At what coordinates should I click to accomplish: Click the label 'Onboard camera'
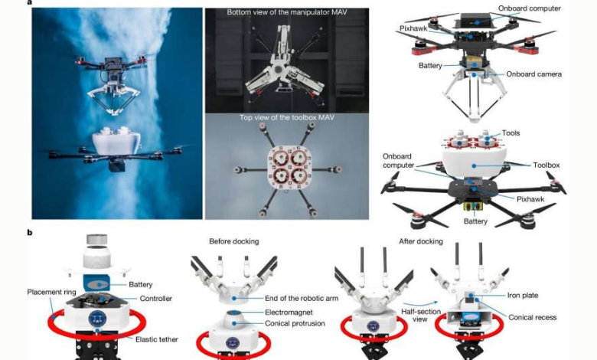point(533,74)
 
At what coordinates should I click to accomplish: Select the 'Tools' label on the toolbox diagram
point(511,133)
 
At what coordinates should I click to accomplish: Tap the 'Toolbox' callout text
point(546,165)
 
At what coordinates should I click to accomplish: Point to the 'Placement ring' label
point(52,292)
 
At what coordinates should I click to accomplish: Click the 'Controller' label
point(155,299)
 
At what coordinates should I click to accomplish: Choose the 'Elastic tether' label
point(156,339)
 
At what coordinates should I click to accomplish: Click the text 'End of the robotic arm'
point(302,298)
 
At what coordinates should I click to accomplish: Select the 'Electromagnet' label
point(289,313)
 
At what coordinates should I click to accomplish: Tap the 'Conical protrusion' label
point(295,323)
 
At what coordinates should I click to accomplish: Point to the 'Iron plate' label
point(523,295)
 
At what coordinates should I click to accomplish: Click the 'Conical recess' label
point(533,317)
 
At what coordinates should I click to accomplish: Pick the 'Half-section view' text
point(420,316)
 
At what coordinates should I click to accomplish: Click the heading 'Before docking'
point(233,241)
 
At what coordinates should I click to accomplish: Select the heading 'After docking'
point(421,241)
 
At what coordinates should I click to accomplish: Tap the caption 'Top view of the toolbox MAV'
point(287,118)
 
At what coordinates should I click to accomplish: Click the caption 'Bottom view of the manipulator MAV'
point(287,12)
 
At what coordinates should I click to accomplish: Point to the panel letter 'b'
point(30,232)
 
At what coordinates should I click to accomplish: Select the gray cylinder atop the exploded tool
point(96,239)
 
